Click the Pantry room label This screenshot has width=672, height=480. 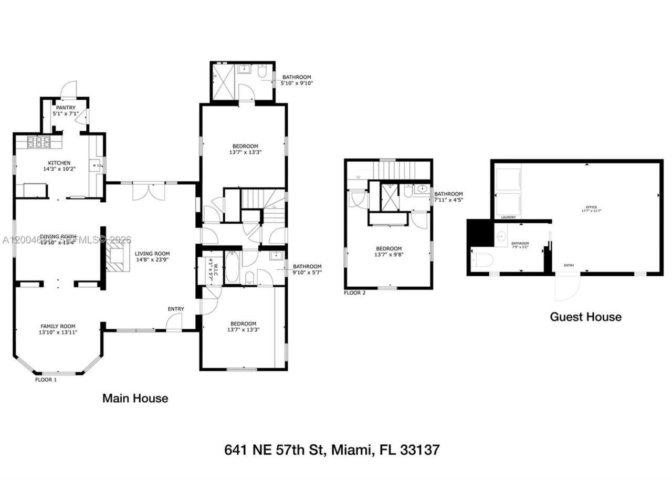(x=66, y=108)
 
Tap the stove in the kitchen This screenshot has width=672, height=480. (x=39, y=141)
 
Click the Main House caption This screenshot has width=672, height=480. (x=135, y=399)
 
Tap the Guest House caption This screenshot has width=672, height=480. (x=585, y=317)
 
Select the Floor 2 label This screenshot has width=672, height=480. (x=355, y=293)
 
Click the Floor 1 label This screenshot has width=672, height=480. (x=46, y=379)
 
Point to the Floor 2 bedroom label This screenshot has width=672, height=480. (x=388, y=248)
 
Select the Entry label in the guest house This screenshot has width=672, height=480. (x=569, y=266)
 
